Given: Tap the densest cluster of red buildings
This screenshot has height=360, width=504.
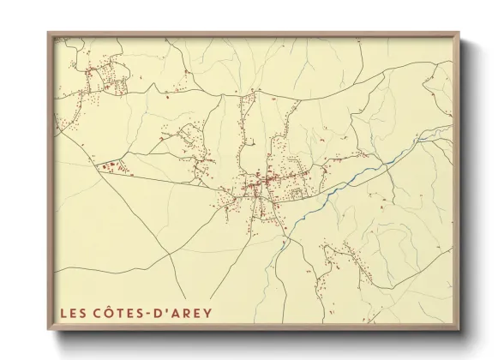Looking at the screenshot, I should [x=257, y=183].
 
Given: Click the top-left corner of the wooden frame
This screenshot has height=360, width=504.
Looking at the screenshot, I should [x=49, y=33].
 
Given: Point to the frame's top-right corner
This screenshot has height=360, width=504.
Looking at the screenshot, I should [x=459, y=33].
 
